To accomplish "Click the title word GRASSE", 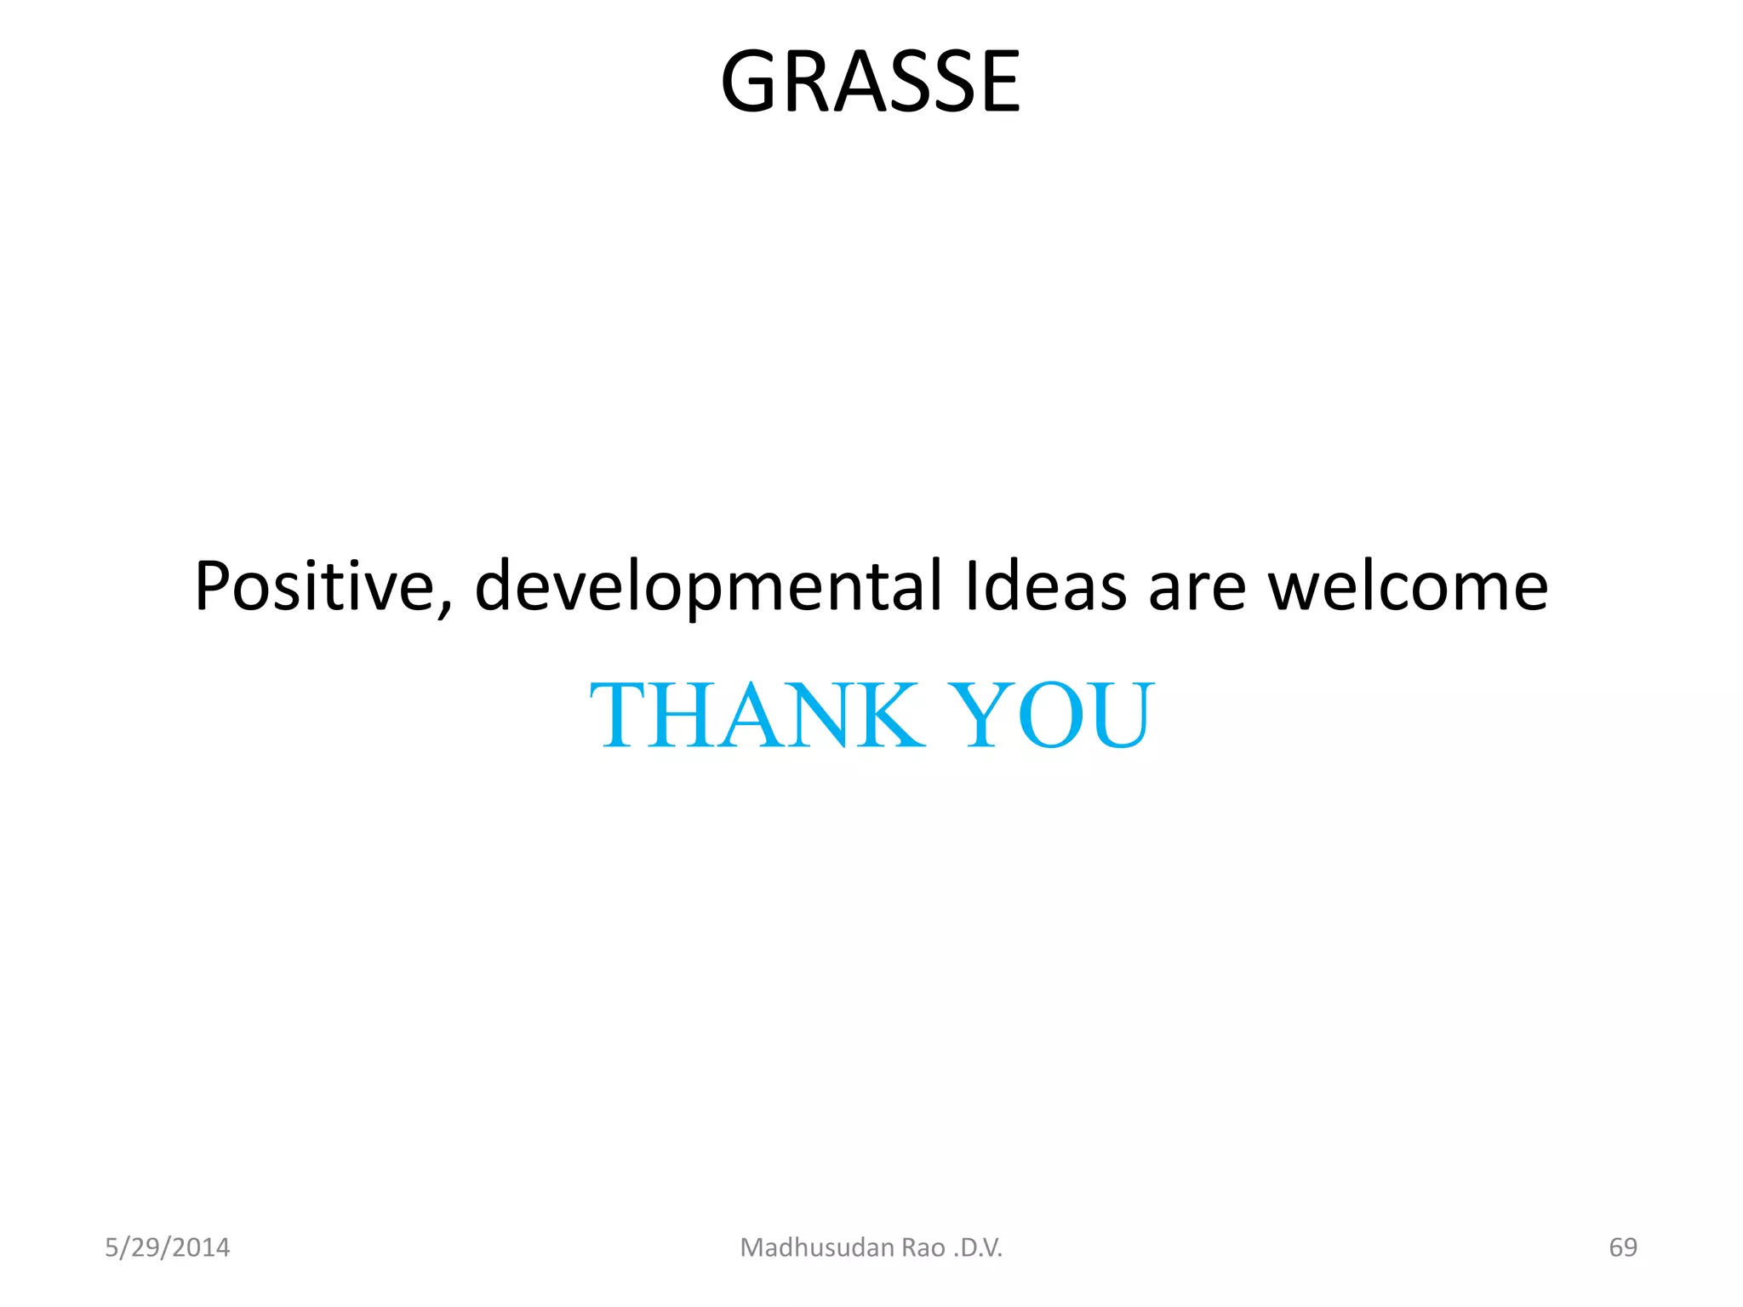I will [870, 82].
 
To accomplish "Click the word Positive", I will [315, 586].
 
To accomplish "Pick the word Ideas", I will [1045, 586].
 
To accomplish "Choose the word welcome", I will [1409, 586].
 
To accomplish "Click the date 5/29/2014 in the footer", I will [167, 1247].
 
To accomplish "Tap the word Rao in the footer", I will [923, 1248].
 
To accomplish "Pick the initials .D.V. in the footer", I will [979, 1248].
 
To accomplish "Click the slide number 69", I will [1622, 1247].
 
